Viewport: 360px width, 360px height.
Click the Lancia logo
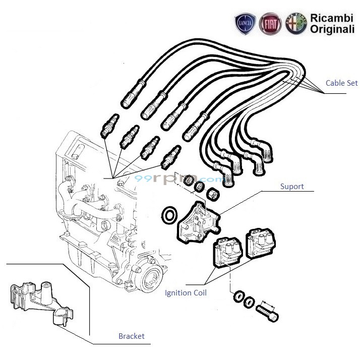pos(246,24)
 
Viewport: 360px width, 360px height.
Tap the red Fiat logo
pos(270,24)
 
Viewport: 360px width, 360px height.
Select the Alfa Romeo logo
pos(295,24)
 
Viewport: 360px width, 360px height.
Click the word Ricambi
pos(328,18)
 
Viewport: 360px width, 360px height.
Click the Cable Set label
pos(341,83)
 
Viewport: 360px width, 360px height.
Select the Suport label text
pos(292,187)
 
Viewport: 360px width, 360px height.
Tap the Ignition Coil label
pos(186,292)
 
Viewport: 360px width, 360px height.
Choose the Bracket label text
pos(131,336)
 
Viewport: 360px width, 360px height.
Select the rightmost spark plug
pos(169,157)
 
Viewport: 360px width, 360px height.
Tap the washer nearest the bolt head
pos(249,302)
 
